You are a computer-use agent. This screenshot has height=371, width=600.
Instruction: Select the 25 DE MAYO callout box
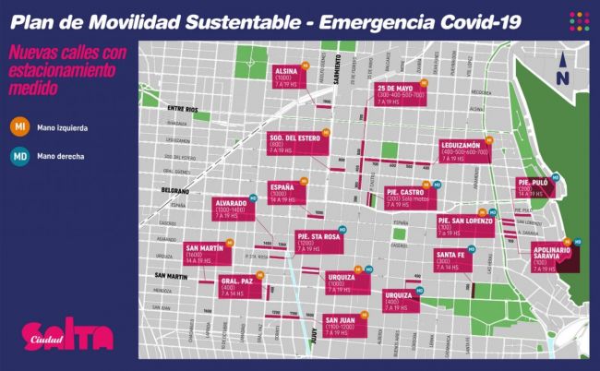coord(401,93)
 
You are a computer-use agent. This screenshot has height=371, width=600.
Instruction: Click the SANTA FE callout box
coord(450,260)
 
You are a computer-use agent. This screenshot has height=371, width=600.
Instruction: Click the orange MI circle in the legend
coord(18,126)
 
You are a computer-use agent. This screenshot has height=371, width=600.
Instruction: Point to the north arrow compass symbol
coord(560,72)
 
